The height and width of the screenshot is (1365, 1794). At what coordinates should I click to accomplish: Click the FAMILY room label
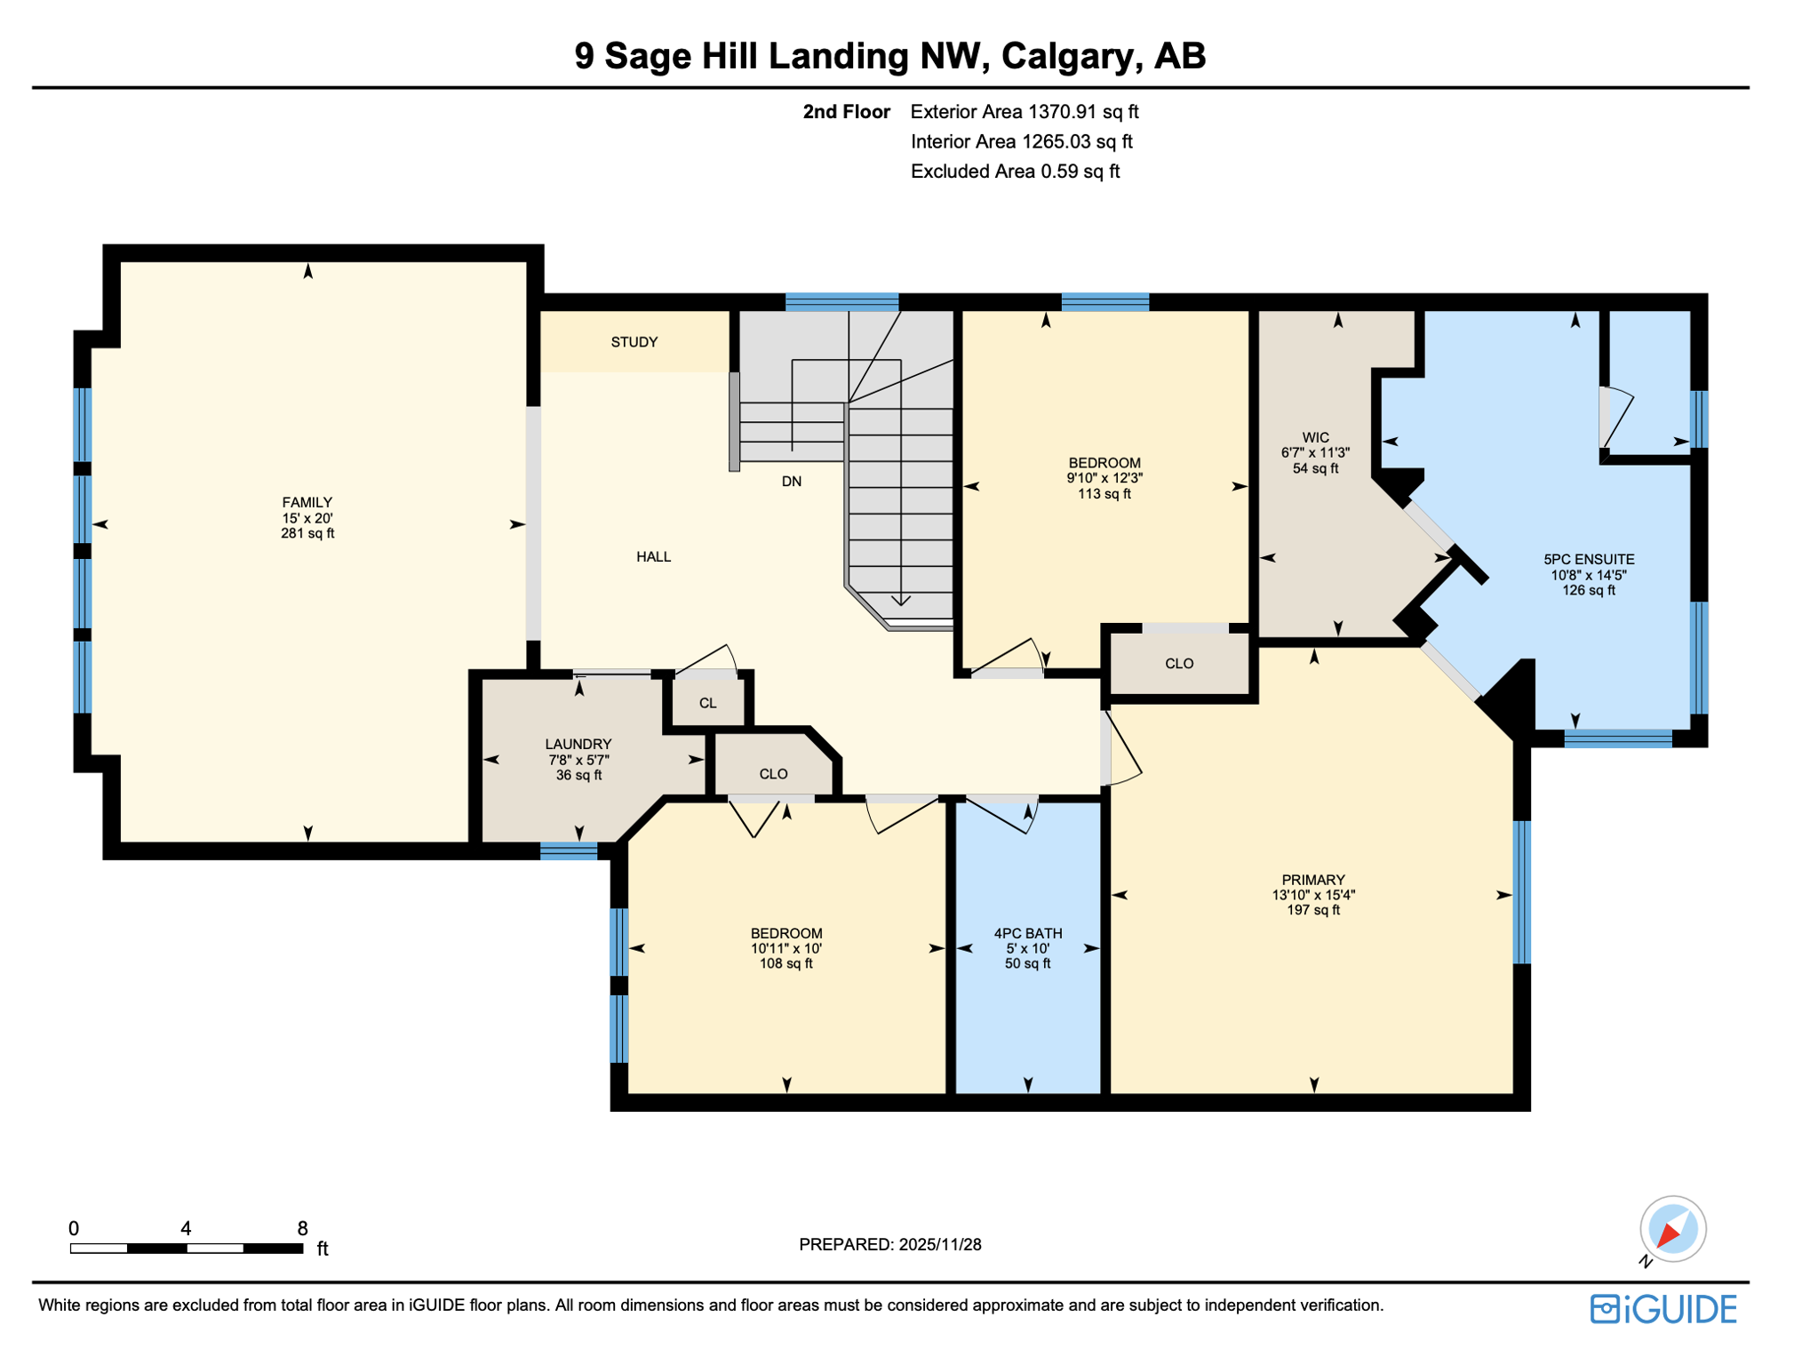point(307,502)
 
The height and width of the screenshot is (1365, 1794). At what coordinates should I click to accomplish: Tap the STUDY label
point(634,342)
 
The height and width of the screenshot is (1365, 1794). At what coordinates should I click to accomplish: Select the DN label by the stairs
point(791,482)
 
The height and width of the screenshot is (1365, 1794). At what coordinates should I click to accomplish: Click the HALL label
point(653,557)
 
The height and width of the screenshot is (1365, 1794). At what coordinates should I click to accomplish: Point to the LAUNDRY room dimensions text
point(578,760)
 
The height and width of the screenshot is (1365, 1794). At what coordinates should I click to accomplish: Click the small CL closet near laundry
point(707,704)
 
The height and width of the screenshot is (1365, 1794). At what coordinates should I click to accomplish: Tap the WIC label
point(1315,437)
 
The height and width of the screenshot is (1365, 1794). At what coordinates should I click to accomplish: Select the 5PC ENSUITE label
point(1589,560)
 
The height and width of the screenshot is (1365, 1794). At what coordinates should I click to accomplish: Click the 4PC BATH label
point(1027,933)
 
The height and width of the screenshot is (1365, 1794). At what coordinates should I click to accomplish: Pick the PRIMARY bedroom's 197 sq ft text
point(1313,910)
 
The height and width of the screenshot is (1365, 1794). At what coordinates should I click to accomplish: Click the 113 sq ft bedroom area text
point(1104,494)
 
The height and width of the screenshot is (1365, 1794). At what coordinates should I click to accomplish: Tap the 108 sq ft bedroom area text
point(785,963)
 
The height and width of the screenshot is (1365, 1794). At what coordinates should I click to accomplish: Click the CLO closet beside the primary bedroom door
point(1178,664)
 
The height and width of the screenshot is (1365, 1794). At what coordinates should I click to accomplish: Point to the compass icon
point(1671,1230)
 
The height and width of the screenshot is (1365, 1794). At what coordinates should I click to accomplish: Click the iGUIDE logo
point(1662,1309)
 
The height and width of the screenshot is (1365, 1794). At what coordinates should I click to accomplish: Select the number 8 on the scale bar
point(302,1228)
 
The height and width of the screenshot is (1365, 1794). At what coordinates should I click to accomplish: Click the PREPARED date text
point(889,1244)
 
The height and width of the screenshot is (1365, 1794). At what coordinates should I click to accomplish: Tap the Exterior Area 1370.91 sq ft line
point(1024,112)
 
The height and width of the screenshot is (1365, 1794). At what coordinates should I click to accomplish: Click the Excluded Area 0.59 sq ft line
point(1014,172)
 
